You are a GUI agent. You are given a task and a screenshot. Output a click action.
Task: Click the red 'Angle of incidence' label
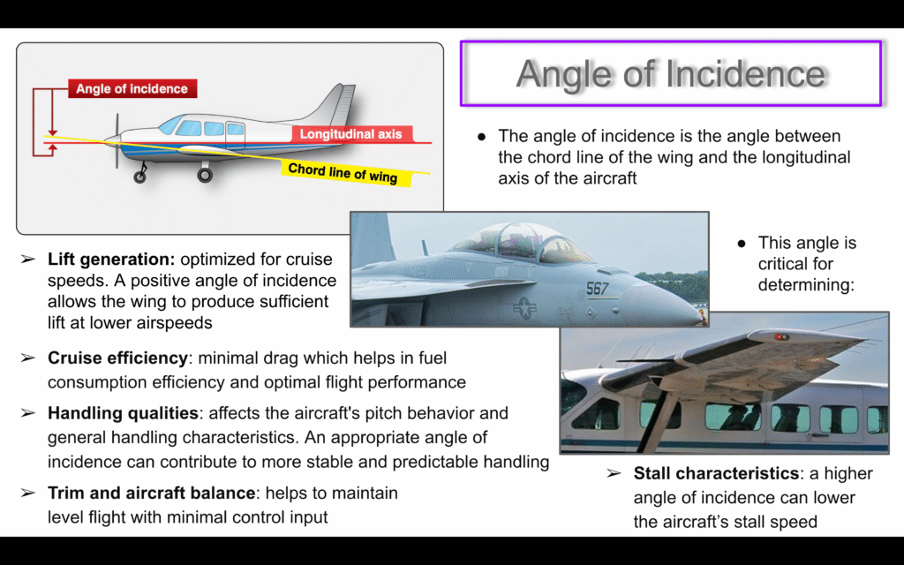(132, 89)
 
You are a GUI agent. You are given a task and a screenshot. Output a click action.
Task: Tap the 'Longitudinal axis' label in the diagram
(350, 134)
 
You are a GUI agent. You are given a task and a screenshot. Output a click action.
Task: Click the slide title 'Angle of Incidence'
(671, 73)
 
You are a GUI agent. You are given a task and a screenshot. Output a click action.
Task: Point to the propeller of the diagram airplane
(117, 140)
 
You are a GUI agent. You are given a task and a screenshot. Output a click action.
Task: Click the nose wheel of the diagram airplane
(139, 177)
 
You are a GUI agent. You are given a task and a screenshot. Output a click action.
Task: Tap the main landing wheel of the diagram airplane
(205, 175)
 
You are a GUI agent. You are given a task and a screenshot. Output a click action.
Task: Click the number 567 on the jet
(598, 289)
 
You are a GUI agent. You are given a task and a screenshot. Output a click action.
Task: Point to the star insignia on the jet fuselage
(524, 307)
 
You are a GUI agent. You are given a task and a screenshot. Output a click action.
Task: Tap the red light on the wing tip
(780, 336)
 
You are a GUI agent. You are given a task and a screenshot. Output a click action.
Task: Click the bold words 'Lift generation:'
(111, 260)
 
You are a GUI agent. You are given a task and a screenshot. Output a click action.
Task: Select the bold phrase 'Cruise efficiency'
(117, 358)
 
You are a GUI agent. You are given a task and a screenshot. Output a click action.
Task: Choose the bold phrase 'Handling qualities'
(123, 413)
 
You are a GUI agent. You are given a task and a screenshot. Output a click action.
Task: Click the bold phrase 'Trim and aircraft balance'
(152, 493)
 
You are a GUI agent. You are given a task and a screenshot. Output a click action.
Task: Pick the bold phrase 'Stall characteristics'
(716, 473)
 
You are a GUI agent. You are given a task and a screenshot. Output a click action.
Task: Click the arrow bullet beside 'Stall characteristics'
(614, 473)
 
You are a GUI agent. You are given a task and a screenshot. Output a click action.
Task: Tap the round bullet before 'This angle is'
(742, 244)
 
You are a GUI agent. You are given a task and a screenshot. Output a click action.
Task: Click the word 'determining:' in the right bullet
(806, 285)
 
